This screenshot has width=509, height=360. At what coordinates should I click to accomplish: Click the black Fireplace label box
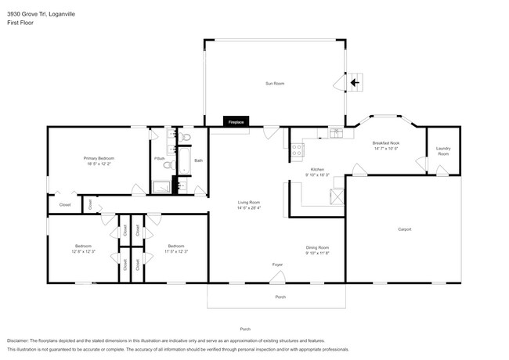pyautogui.click(x=236, y=122)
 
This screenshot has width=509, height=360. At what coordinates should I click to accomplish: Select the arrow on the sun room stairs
pyautogui.click(x=355, y=81)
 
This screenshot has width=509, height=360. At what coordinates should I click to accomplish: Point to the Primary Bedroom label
pyautogui.click(x=99, y=158)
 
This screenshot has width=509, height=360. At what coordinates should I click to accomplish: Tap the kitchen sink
pyautogui.click(x=336, y=133)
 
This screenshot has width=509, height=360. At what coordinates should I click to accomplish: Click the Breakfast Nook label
pyautogui.click(x=386, y=143)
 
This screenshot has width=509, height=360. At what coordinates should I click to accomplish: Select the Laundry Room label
pyautogui.click(x=443, y=151)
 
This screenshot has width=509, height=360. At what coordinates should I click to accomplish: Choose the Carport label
pyautogui.click(x=404, y=229)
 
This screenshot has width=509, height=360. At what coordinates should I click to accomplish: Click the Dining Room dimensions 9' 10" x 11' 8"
pyautogui.click(x=317, y=253)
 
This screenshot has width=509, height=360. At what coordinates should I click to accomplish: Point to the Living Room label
pyautogui.click(x=249, y=203)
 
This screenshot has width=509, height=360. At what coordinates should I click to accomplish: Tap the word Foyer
pyautogui.click(x=277, y=265)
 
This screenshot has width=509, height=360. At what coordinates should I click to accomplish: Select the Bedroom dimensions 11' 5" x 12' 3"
pyautogui.click(x=176, y=251)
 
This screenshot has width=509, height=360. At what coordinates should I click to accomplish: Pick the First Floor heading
pyautogui.click(x=20, y=23)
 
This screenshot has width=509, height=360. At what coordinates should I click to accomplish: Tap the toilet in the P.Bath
pyautogui.click(x=186, y=139)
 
